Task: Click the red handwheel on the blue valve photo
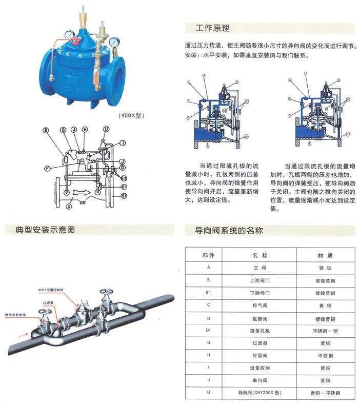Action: point(75,40)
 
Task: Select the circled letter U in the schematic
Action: point(106,129)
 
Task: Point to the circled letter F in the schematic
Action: point(47,167)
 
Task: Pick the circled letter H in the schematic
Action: point(85,130)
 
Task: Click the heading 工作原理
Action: point(212,28)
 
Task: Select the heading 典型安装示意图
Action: point(41,230)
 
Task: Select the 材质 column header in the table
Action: point(326,255)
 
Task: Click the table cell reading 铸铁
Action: point(326,268)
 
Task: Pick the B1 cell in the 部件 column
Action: point(208,293)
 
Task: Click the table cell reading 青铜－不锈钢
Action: point(326,393)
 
